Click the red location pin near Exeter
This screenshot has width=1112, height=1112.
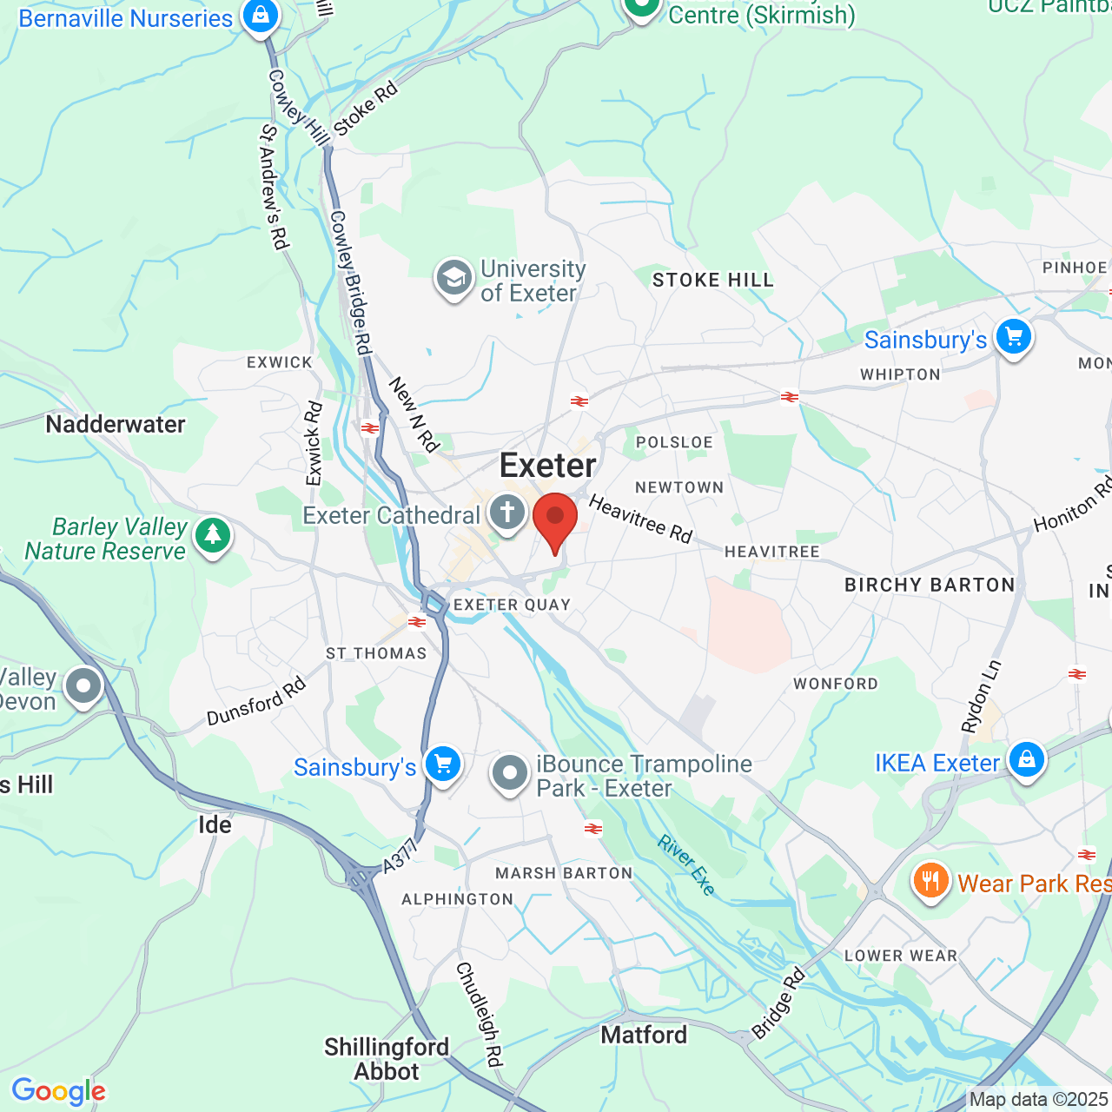pyautogui.click(x=554, y=520)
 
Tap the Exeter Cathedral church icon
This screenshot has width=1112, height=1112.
pyautogui.click(x=507, y=513)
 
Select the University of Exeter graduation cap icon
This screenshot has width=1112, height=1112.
pyautogui.click(x=453, y=278)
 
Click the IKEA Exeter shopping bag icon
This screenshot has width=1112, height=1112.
pyautogui.click(x=1026, y=760)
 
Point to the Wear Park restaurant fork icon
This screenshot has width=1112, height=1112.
pyautogui.click(x=930, y=881)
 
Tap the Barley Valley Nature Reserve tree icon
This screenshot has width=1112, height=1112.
pyautogui.click(x=213, y=535)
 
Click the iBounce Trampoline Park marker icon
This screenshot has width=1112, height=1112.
pyautogui.click(x=510, y=772)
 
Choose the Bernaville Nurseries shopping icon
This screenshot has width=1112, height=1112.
pyautogui.click(x=260, y=15)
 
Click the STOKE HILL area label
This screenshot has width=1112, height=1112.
pyautogui.click(x=712, y=280)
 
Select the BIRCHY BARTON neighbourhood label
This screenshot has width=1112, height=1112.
pyautogui.click(x=930, y=585)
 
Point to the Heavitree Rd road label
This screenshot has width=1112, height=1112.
pyautogui.click(x=640, y=520)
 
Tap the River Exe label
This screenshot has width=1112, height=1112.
pyautogui.click(x=686, y=864)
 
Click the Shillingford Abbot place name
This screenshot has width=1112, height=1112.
pyautogui.click(x=387, y=1059)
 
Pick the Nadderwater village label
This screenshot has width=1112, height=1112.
pyautogui.click(x=116, y=424)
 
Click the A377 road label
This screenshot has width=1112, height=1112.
pyautogui.click(x=400, y=856)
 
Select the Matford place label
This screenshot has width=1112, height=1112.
pyautogui.click(x=644, y=1035)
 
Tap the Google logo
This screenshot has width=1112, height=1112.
pyautogui.click(x=59, y=1091)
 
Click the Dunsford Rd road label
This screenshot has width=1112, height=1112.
pyautogui.click(x=256, y=701)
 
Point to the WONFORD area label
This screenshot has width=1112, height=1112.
pyautogui.click(x=836, y=684)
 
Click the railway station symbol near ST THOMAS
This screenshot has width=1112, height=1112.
pyautogui.click(x=417, y=622)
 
